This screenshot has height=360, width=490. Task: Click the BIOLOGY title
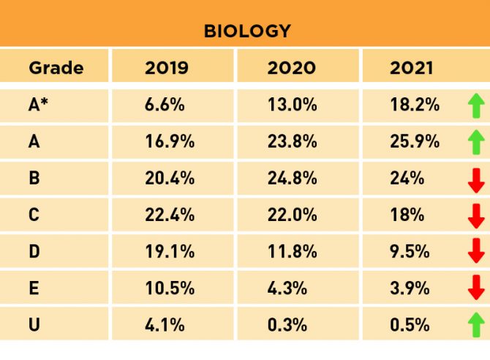click(246, 31)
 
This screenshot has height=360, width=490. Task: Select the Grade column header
click(56, 69)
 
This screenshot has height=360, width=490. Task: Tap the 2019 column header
click(167, 69)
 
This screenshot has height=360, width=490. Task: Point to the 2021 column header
click(412, 69)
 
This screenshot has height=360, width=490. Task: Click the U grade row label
click(34, 323)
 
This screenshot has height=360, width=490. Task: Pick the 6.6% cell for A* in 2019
click(165, 105)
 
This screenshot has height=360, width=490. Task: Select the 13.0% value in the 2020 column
click(293, 105)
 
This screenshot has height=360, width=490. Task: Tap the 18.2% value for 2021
click(415, 105)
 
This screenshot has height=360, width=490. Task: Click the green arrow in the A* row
click(476, 107)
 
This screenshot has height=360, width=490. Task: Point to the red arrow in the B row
click(476, 179)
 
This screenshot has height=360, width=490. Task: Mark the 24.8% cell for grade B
click(293, 179)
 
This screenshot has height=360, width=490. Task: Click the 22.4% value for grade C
click(170, 215)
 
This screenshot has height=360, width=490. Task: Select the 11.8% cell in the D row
click(292, 252)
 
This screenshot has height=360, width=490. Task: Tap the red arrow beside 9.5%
click(476, 252)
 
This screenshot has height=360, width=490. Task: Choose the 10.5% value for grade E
click(170, 288)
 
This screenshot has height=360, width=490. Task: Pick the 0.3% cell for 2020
click(287, 323)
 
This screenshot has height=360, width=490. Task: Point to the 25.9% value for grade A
click(415, 142)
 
